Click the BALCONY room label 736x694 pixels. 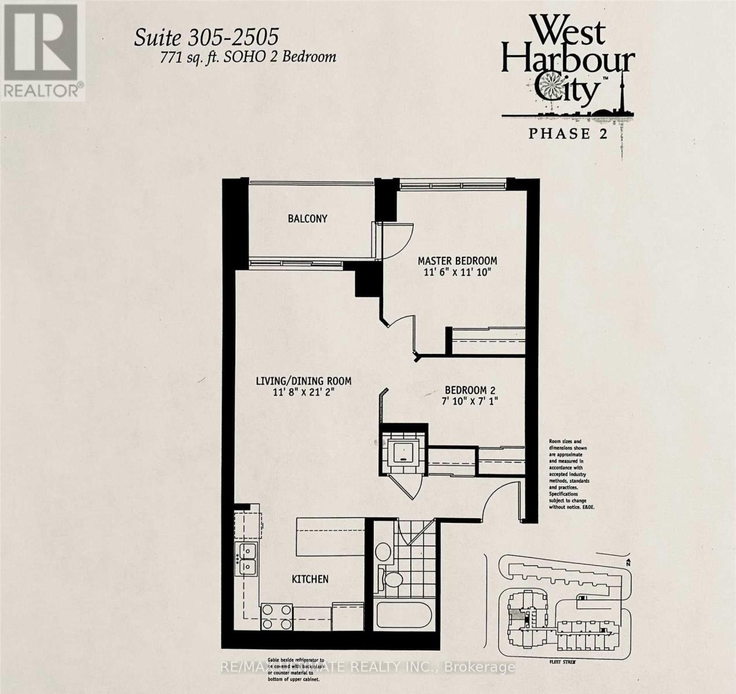pyautogui.click(x=307, y=219)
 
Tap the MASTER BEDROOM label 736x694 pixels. pyautogui.click(x=457, y=261)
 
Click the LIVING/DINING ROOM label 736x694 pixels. pyautogui.click(x=304, y=381)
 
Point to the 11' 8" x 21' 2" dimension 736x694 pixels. pyautogui.click(x=304, y=392)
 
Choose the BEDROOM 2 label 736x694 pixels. pyautogui.click(x=470, y=390)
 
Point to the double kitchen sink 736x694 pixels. pyautogui.click(x=246, y=559)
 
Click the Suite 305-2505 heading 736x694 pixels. pyautogui.click(x=206, y=38)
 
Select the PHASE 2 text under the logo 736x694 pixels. pyautogui.click(x=566, y=134)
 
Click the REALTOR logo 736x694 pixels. pyautogui.click(x=43, y=51)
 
